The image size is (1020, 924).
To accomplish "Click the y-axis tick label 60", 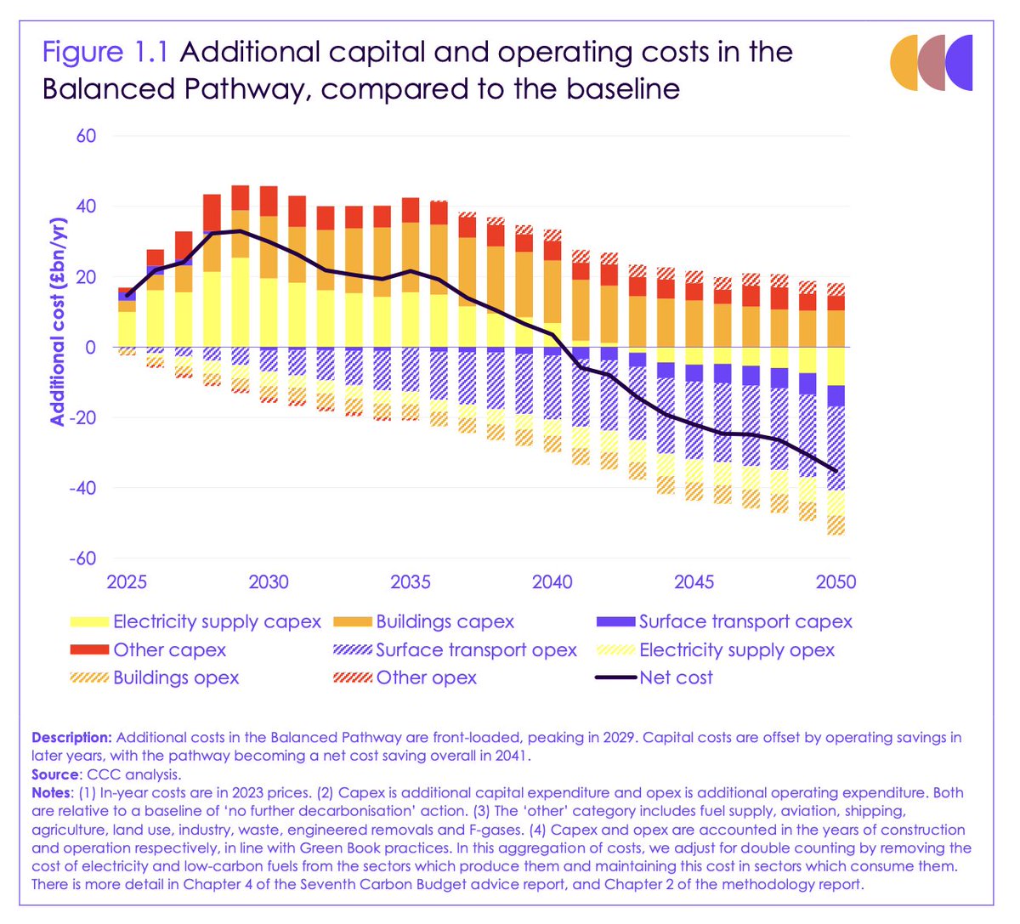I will pyautogui.click(x=86, y=136).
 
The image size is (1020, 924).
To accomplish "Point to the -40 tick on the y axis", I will pyautogui.click(x=82, y=488).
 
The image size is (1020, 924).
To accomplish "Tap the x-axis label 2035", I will pyautogui.click(x=411, y=582).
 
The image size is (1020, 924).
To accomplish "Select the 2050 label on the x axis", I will pyautogui.click(x=836, y=582).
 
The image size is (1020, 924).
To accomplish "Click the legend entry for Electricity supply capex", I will pyautogui.click(x=217, y=622).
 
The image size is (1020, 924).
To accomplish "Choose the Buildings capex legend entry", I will pyautogui.click(x=445, y=622).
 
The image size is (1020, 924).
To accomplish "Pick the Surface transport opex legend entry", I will pyautogui.click(x=476, y=650).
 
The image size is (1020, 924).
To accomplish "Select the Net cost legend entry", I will pyautogui.click(x=676, y=678).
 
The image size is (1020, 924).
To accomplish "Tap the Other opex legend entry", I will pyautogui.click(x=426, y=678).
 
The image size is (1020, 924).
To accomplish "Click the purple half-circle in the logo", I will pyautogui.click(x=960, y=63).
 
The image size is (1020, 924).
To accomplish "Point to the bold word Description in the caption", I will pyautogui.click(x=71, y=738).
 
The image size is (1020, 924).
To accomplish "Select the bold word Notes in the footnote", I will pyautogui.click(x=52, y=793).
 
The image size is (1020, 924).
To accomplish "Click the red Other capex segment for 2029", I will pyautogui.click(x=241, y=197).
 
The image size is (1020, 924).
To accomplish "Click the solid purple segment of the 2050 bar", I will pyautogui.click(x=836, y=395).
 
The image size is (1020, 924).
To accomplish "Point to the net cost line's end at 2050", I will pyautogui.click(x=836, y=471).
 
